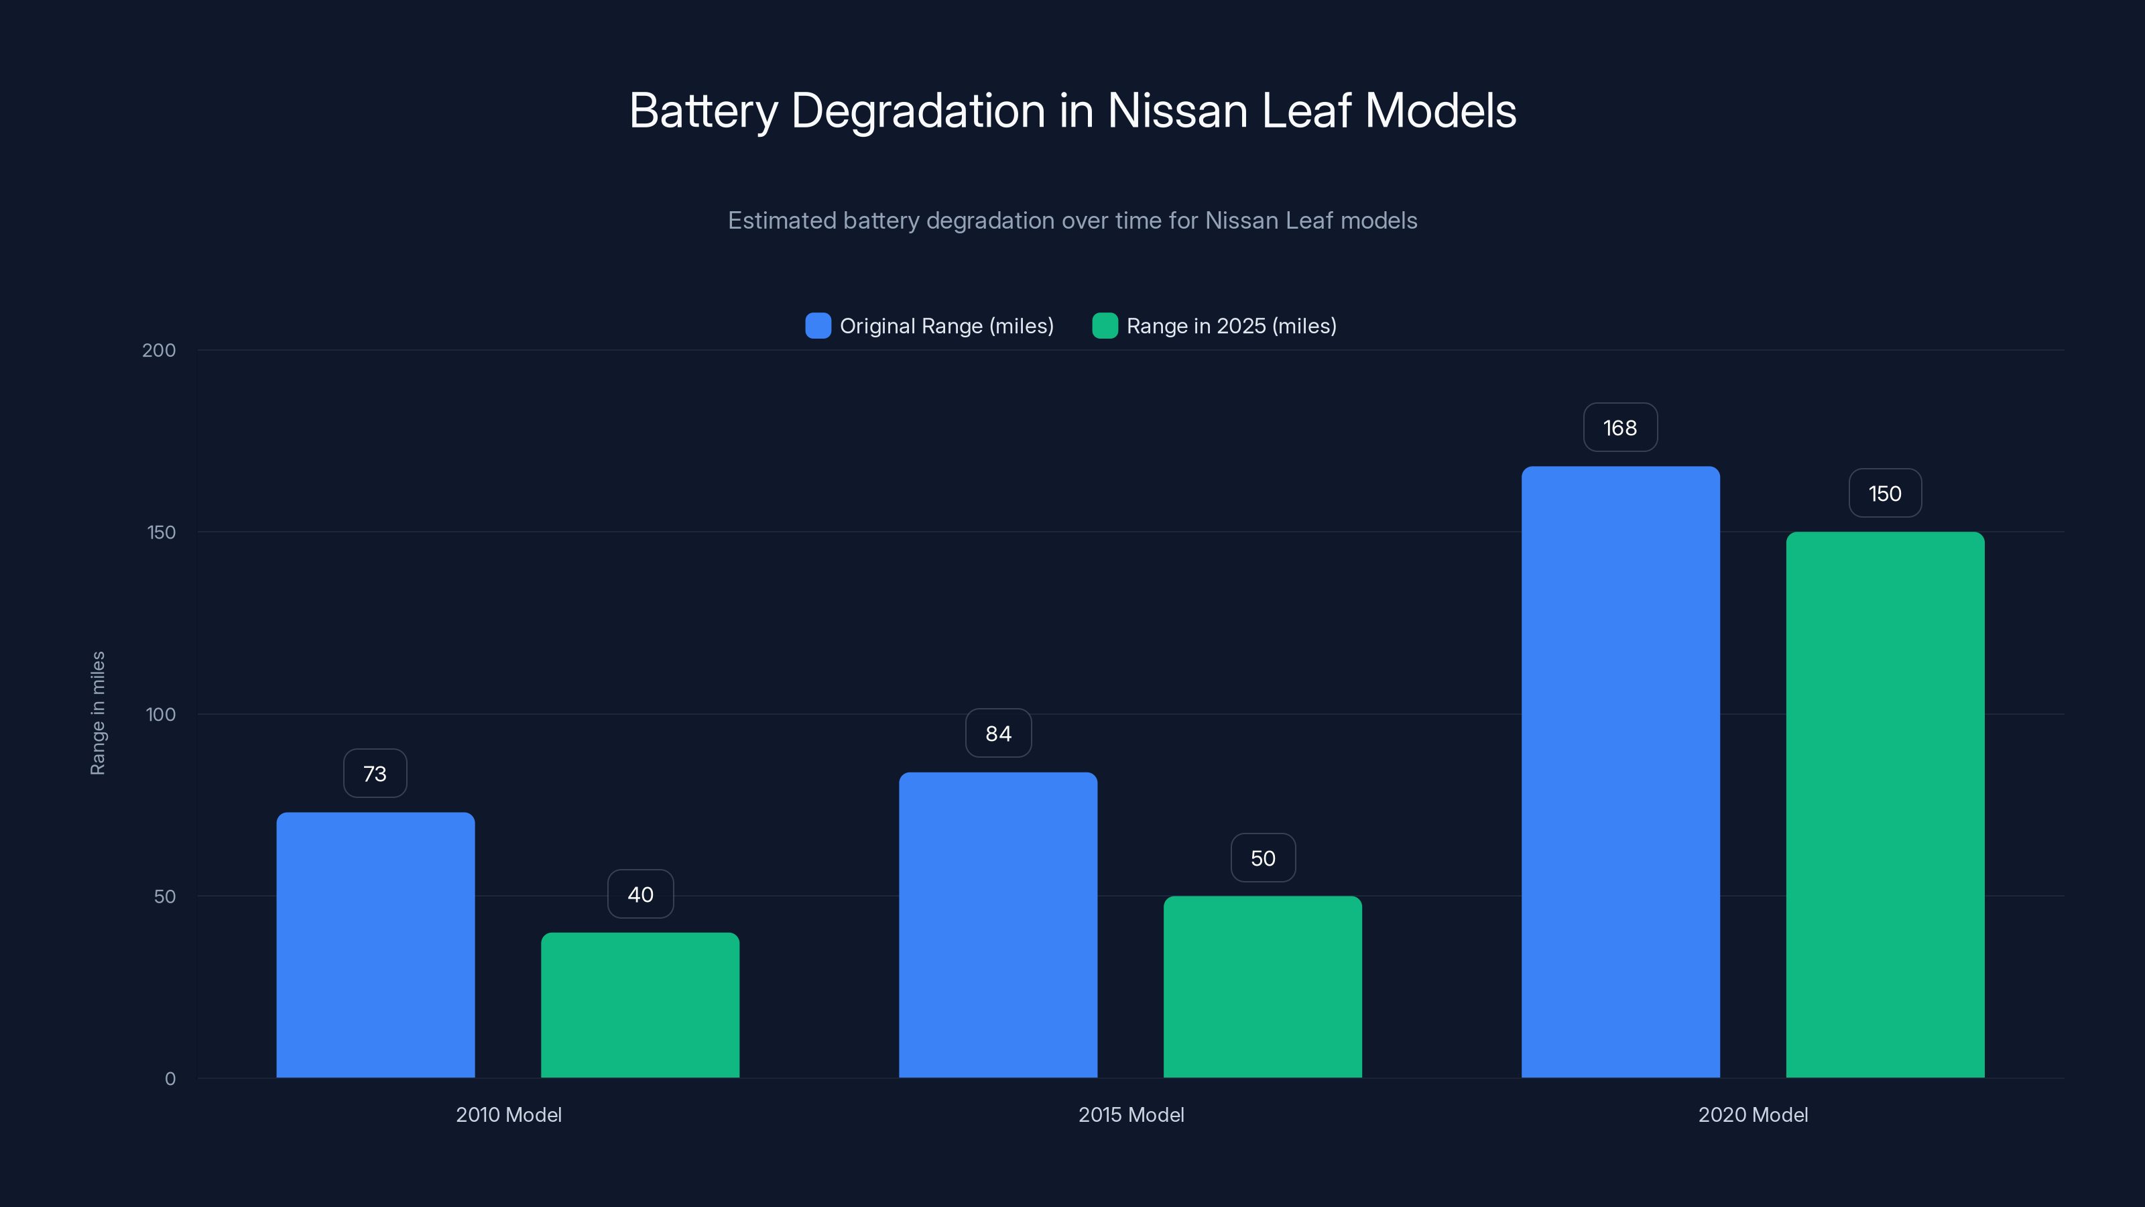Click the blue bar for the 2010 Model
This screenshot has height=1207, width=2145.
click(375, 945)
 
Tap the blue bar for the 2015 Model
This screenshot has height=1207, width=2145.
click(997, 925)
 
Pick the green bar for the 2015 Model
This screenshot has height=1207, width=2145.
click(1262, 986)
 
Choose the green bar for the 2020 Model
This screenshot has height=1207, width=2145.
click(1885, 805)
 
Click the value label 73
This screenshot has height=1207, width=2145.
click(375, 774)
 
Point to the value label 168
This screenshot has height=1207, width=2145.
click(1619, 428)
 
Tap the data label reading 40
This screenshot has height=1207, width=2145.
click(640, 895)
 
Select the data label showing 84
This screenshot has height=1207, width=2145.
click(997, 734)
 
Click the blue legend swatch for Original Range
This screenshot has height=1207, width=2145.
click(818, 326)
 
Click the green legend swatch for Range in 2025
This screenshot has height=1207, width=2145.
click(1104, 326)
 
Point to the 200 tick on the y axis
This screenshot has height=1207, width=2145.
click(159, 351)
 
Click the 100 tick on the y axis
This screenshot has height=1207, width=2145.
click(161, 715)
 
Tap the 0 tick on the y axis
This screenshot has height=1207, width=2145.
click(170, 1079)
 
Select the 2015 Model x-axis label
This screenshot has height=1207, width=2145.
click(1131, 1114)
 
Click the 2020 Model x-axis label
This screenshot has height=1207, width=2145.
click(1753, 1114)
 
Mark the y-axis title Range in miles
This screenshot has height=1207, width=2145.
click(97, 713)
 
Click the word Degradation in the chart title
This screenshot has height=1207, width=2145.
click(918, 111)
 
